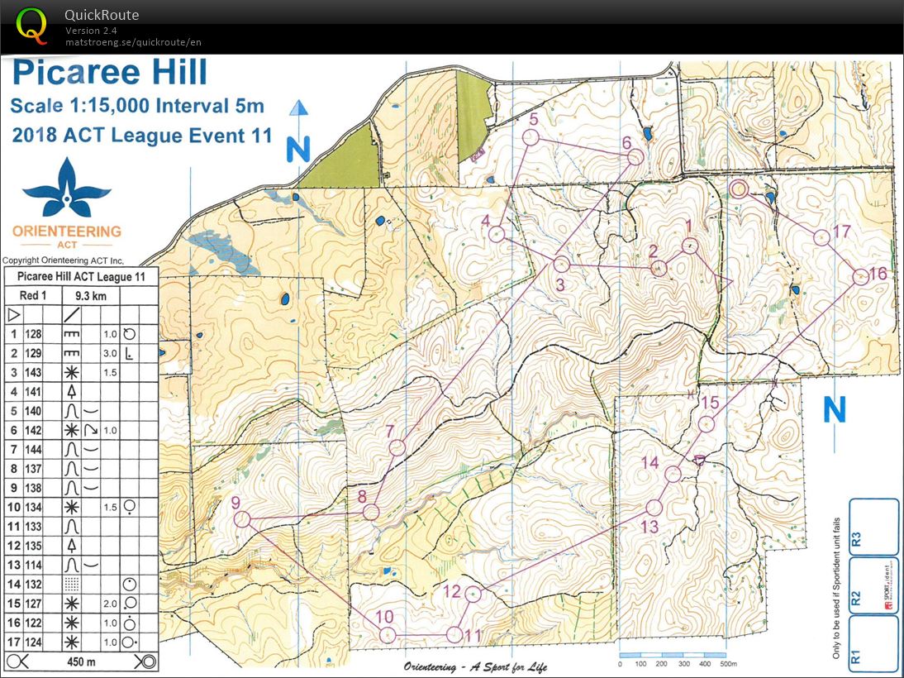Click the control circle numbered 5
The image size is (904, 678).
(x=531, y=137)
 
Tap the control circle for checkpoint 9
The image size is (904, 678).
(x=242, y=519)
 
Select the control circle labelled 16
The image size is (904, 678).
(x=860, y=276)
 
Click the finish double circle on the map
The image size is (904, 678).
(x=739, y=189)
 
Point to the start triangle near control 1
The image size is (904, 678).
(x=726, y=284)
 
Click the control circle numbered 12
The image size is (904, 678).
(x=473, y=594)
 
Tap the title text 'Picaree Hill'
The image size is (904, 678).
(x=109, y=73)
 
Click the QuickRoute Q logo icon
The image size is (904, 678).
(x=31, y=25)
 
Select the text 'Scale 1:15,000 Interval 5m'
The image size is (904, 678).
(x=137, y=105)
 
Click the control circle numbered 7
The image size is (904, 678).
(x=397, y=448)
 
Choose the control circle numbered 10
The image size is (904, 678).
(x=388, y=634)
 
